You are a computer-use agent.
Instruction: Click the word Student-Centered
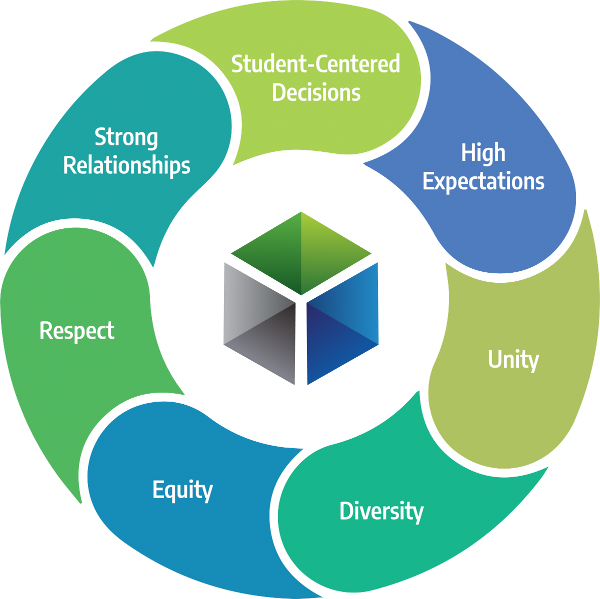pos(315,64)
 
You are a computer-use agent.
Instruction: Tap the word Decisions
pos(316,93)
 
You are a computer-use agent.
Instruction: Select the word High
pos(483,153)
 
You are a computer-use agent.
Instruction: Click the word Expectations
pos(483,181)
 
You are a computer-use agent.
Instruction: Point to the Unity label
pos(513,360)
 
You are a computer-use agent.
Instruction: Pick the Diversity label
pos(381,511)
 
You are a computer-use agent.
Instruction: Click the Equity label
pos(182,490)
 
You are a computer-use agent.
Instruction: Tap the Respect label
pos(77,331)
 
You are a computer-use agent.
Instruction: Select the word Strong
pos(126,137)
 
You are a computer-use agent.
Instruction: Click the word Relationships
pos(126,165)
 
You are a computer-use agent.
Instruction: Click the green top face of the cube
pos(301,252)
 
